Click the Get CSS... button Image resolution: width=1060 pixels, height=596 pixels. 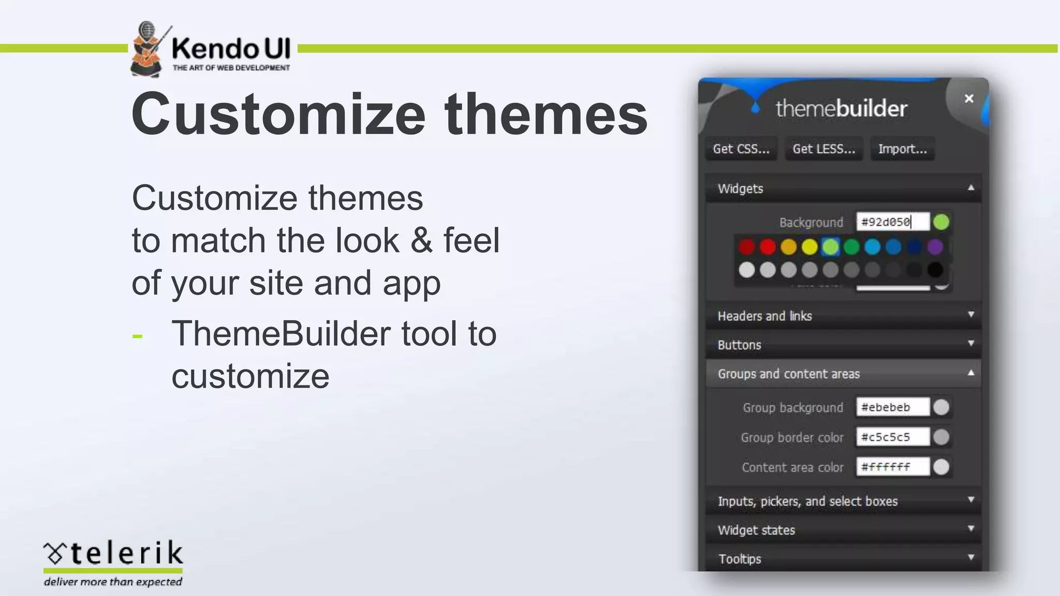741,149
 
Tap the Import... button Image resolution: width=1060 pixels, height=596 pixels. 902,149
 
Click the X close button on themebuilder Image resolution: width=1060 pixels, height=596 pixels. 969,98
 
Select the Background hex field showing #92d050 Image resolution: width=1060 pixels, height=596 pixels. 892,222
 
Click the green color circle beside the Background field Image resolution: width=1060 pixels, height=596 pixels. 941,222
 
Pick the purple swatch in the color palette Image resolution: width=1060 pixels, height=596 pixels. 935,247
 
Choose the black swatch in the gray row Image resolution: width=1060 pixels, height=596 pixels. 935,270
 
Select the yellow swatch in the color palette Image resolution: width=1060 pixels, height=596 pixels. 809,247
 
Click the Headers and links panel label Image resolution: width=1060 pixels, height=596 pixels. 764,316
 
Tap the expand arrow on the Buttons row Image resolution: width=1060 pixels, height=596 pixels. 971,344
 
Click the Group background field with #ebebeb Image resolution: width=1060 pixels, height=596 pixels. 892,407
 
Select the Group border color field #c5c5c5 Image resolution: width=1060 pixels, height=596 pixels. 892,437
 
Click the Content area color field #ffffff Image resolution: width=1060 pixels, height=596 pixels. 892,467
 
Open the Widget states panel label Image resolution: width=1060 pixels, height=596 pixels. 756,530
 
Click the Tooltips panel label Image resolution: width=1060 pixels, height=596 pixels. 740,559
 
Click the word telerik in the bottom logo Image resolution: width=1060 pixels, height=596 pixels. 126,553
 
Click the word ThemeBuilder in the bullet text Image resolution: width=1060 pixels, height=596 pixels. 281,333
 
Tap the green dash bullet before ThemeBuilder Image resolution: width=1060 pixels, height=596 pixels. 137,337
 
